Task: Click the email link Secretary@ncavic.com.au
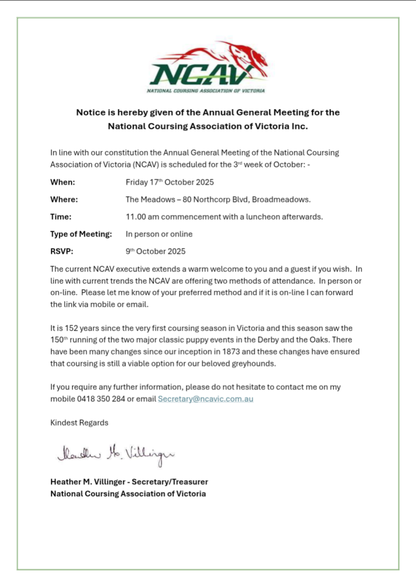206,399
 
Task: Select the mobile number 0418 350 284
101,399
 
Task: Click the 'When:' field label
63,182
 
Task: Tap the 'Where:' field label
64,200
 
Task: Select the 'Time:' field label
61,217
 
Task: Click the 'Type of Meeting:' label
81,234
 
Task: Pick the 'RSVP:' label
62,252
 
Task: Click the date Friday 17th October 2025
170,182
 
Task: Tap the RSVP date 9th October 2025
155,252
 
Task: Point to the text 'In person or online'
159,234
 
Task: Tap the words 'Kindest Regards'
79,423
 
